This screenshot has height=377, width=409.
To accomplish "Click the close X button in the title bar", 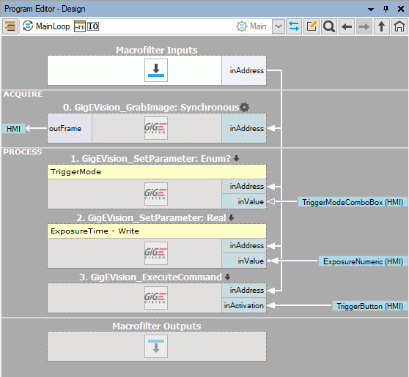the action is click(x=401, y=9).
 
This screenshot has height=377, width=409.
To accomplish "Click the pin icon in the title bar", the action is click(x=386, y=9).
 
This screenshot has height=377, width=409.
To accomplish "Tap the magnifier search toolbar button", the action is click(x=329, y=26).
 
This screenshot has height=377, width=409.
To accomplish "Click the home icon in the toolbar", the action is click(x=399, y=26).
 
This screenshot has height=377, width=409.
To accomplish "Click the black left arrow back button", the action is click(x=347, y=26).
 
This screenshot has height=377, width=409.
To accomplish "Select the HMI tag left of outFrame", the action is click(x=14, y=129).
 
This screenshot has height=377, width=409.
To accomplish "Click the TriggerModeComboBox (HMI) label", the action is click(x=353, y=202).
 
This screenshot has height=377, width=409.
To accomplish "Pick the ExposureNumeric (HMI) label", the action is click(x=363, y=261).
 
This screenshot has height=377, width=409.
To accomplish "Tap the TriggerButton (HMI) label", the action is click(x=370, y=306).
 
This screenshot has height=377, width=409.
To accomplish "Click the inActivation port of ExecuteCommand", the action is click(x=244, y=305).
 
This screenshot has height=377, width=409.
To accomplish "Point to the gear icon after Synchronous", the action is click(x=244, y=107).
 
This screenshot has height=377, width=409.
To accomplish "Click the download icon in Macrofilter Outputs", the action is click(x=156, y=346).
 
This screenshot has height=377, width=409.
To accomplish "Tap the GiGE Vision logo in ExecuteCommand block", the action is click(x=156, y=298).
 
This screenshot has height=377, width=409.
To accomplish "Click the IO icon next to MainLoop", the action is click(x=93, y=26).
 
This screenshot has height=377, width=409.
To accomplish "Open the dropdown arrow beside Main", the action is click(x=279, y=26).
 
